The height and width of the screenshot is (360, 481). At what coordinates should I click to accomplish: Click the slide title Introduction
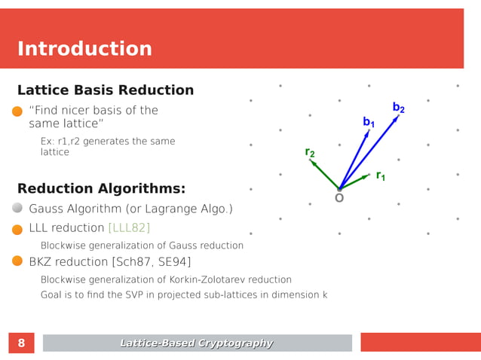84,49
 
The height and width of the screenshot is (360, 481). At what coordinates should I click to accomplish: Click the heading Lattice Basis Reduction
106,90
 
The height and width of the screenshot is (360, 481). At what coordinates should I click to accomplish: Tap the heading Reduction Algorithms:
101,188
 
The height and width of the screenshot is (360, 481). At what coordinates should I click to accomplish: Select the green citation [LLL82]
129,227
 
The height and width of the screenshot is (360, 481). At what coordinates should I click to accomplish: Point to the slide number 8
21,343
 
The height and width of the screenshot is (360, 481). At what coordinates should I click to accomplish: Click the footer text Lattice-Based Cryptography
197,343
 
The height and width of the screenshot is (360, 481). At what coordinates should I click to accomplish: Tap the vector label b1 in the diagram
369,121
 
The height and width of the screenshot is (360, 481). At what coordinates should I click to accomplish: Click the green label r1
381,175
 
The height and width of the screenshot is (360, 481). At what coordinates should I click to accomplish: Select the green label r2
310,152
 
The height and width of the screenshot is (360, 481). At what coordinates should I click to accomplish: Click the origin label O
339,198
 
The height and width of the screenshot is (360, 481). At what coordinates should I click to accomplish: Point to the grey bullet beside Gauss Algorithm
18,209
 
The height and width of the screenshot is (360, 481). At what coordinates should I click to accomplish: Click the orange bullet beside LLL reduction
18,228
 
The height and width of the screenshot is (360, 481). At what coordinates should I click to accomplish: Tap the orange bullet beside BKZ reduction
18,261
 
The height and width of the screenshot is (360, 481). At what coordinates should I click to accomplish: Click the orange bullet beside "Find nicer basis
18,111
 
